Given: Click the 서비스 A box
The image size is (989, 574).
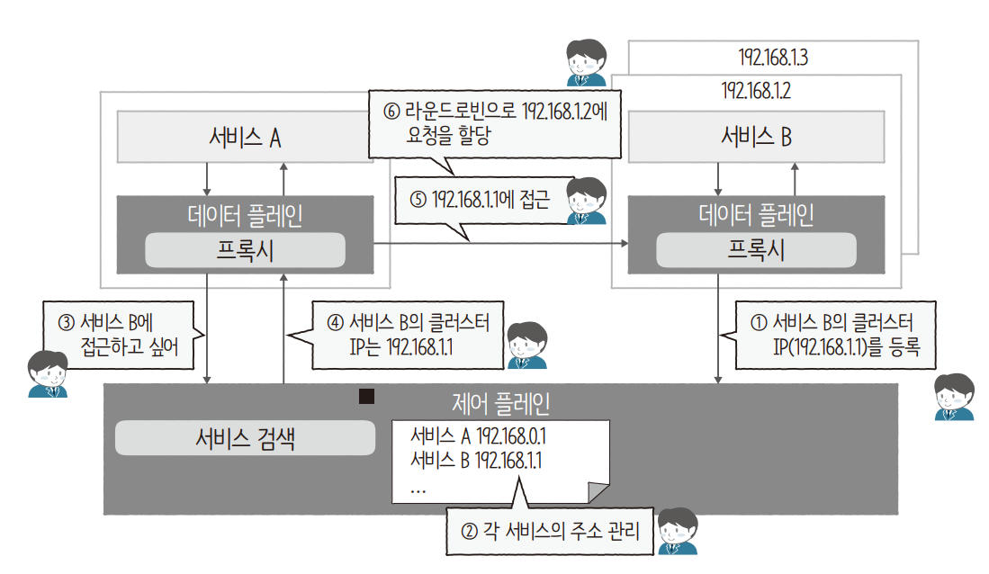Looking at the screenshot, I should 245,137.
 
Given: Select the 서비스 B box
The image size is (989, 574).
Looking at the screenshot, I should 756,137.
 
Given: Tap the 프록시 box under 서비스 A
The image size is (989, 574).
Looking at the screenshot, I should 245,249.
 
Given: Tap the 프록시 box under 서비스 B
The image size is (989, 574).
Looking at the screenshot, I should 756,249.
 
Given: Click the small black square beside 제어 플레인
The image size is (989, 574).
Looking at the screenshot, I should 366,397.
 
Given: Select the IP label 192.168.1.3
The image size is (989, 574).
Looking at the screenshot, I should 772,58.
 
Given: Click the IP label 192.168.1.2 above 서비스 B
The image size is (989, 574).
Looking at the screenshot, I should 756,91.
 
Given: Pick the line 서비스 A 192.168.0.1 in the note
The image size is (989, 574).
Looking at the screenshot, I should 479,436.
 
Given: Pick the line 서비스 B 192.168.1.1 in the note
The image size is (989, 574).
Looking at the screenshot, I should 479,461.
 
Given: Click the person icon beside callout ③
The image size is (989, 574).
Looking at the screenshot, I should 47,373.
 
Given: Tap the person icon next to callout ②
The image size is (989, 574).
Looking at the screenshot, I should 678,531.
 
